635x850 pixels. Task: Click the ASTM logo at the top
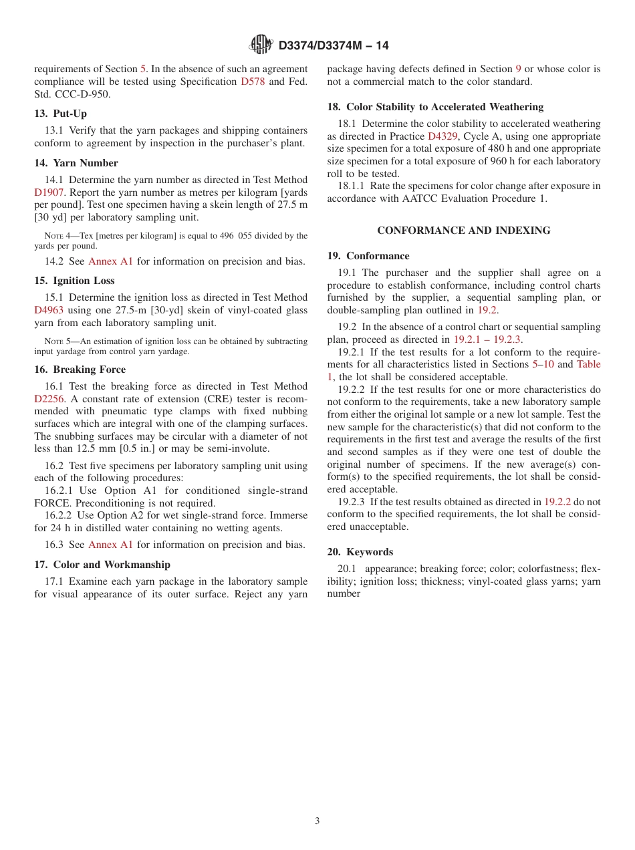click(261, 45)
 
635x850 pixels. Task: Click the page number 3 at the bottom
click(317, 821)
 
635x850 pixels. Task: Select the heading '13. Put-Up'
click(61, 114)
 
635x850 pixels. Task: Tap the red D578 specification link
click(252, 82)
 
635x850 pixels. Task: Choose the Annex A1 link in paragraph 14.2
click(110, 261)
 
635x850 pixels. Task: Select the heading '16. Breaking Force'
click(80, 370)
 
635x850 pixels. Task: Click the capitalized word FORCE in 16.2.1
click(54, 503)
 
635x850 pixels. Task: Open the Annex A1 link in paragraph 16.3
click(110, 545)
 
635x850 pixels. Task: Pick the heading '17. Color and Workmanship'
click(102, 565)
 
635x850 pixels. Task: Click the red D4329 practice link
click(442, 136)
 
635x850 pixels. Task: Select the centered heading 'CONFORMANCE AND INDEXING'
click(464, 231)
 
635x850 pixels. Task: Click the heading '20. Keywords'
click(360, 552)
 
